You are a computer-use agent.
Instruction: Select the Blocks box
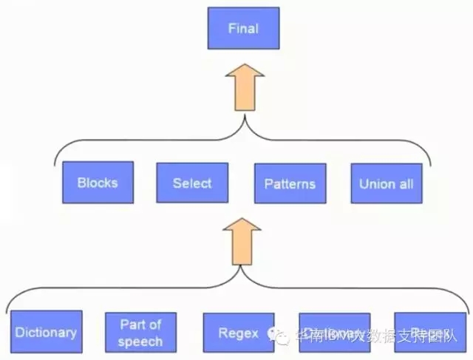pos(97,182)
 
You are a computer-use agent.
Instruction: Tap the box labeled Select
pos(191,183)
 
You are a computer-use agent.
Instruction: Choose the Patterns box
pos(290,183)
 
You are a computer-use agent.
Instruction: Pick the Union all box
pos(386,183)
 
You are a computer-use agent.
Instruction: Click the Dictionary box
pos(45,332)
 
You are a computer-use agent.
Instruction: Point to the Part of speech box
pos(140,332)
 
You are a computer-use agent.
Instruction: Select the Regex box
pos(238,332)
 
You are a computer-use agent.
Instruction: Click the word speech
pos(140,341)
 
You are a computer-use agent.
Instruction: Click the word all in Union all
pos(406,183)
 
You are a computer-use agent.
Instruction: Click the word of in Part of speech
pos(154,325)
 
